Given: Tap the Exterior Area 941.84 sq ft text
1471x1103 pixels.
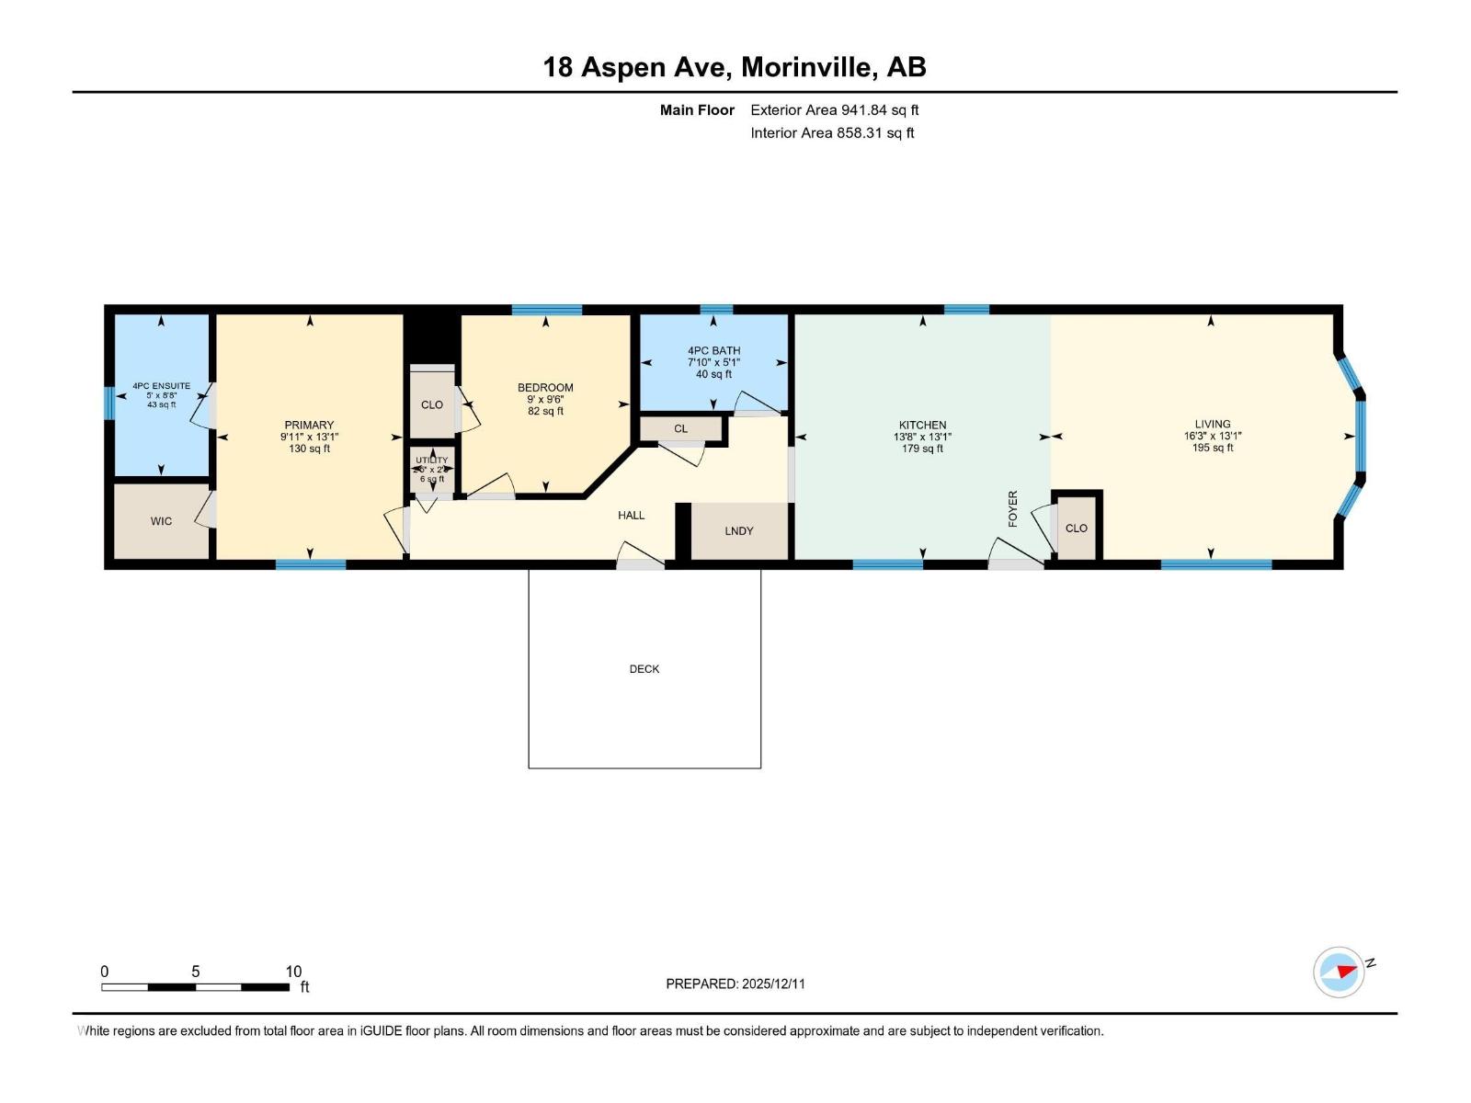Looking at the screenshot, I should click(834, 110).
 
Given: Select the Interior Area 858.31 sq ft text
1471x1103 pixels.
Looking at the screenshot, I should click(832, 133).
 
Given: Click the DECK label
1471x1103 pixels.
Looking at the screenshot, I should click(644, 669).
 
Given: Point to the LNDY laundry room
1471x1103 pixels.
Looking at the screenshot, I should click(738, 531).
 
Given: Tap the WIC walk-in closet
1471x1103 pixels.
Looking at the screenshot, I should click(161, 521).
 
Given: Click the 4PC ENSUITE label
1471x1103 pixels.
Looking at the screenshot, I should click(161, 386).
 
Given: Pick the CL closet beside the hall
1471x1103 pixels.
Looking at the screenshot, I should click(680, 429).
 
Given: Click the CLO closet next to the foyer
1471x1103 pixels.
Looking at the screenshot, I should click(1076, 529).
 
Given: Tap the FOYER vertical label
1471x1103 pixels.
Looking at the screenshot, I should click(1013, 508).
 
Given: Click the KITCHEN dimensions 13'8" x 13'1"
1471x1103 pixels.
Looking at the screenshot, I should click(922, 438).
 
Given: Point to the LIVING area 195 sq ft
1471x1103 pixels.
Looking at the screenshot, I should click(1212, 449).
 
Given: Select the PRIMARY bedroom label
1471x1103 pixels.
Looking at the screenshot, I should click(309, 426).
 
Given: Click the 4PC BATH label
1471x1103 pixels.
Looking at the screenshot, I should click(713, 351).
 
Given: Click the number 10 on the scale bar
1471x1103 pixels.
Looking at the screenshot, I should click(292, 972).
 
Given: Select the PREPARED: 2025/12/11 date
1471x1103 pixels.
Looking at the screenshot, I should click(735, 984).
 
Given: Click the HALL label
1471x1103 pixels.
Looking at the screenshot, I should click(631, 516).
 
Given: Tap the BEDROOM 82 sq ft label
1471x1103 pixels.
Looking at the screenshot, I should click(545, 411).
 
